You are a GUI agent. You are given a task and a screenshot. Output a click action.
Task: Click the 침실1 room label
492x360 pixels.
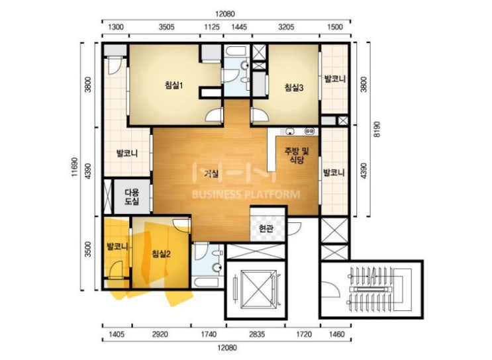tap(174, 85)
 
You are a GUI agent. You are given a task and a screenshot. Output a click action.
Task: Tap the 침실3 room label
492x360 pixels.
tap(294, 87)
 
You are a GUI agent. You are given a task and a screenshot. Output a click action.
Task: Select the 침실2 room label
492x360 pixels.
tap(161, 253)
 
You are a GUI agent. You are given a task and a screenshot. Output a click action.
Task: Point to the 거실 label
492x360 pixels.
tap(211, 173)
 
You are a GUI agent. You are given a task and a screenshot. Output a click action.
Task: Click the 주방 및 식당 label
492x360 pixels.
tap(297, 156)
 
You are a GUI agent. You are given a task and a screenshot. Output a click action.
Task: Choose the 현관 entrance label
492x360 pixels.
tap(266, 228)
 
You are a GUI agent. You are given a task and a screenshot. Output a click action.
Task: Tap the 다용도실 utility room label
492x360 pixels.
tap(132, 197)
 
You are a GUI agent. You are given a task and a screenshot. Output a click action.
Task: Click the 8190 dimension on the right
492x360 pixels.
tap(377, 129)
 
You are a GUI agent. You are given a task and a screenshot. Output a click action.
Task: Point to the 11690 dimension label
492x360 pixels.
tap(74, 167)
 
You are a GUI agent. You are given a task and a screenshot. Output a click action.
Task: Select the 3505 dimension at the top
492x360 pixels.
tap(166, 27)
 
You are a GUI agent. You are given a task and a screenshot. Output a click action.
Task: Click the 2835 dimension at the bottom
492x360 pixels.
tap(257, 334)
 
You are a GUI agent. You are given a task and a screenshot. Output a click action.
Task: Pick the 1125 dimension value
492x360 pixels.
tap(212, 27)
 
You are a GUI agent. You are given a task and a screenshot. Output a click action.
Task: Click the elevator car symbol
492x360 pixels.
tap(256, 289)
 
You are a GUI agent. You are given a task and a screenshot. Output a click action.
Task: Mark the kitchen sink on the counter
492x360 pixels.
tap(290, 131)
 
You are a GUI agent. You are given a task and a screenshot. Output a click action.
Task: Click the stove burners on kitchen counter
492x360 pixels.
tap(310, 131)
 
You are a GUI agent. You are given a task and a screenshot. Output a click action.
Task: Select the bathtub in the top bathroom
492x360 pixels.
tap(236, 52)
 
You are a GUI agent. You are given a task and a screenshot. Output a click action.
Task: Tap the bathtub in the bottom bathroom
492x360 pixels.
tap(206, 282)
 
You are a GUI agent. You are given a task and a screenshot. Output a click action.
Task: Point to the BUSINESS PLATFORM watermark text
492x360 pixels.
tap(246, 195)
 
